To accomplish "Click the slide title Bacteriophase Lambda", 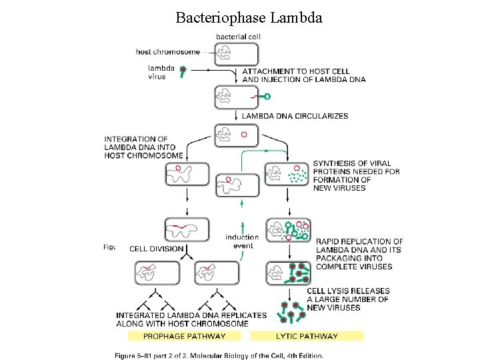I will pos(249,17).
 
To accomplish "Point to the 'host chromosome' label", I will pos(167,51).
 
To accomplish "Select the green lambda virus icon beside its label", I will pos(183,73).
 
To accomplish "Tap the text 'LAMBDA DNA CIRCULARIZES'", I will pos(295,116).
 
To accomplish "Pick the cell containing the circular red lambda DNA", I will pos(234,135).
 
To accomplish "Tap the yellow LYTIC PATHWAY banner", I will pos(307,336).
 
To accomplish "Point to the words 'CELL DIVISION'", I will pos(156,249).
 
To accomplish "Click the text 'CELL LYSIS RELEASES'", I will pos(348,291).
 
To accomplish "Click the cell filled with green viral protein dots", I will pos(287,175).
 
